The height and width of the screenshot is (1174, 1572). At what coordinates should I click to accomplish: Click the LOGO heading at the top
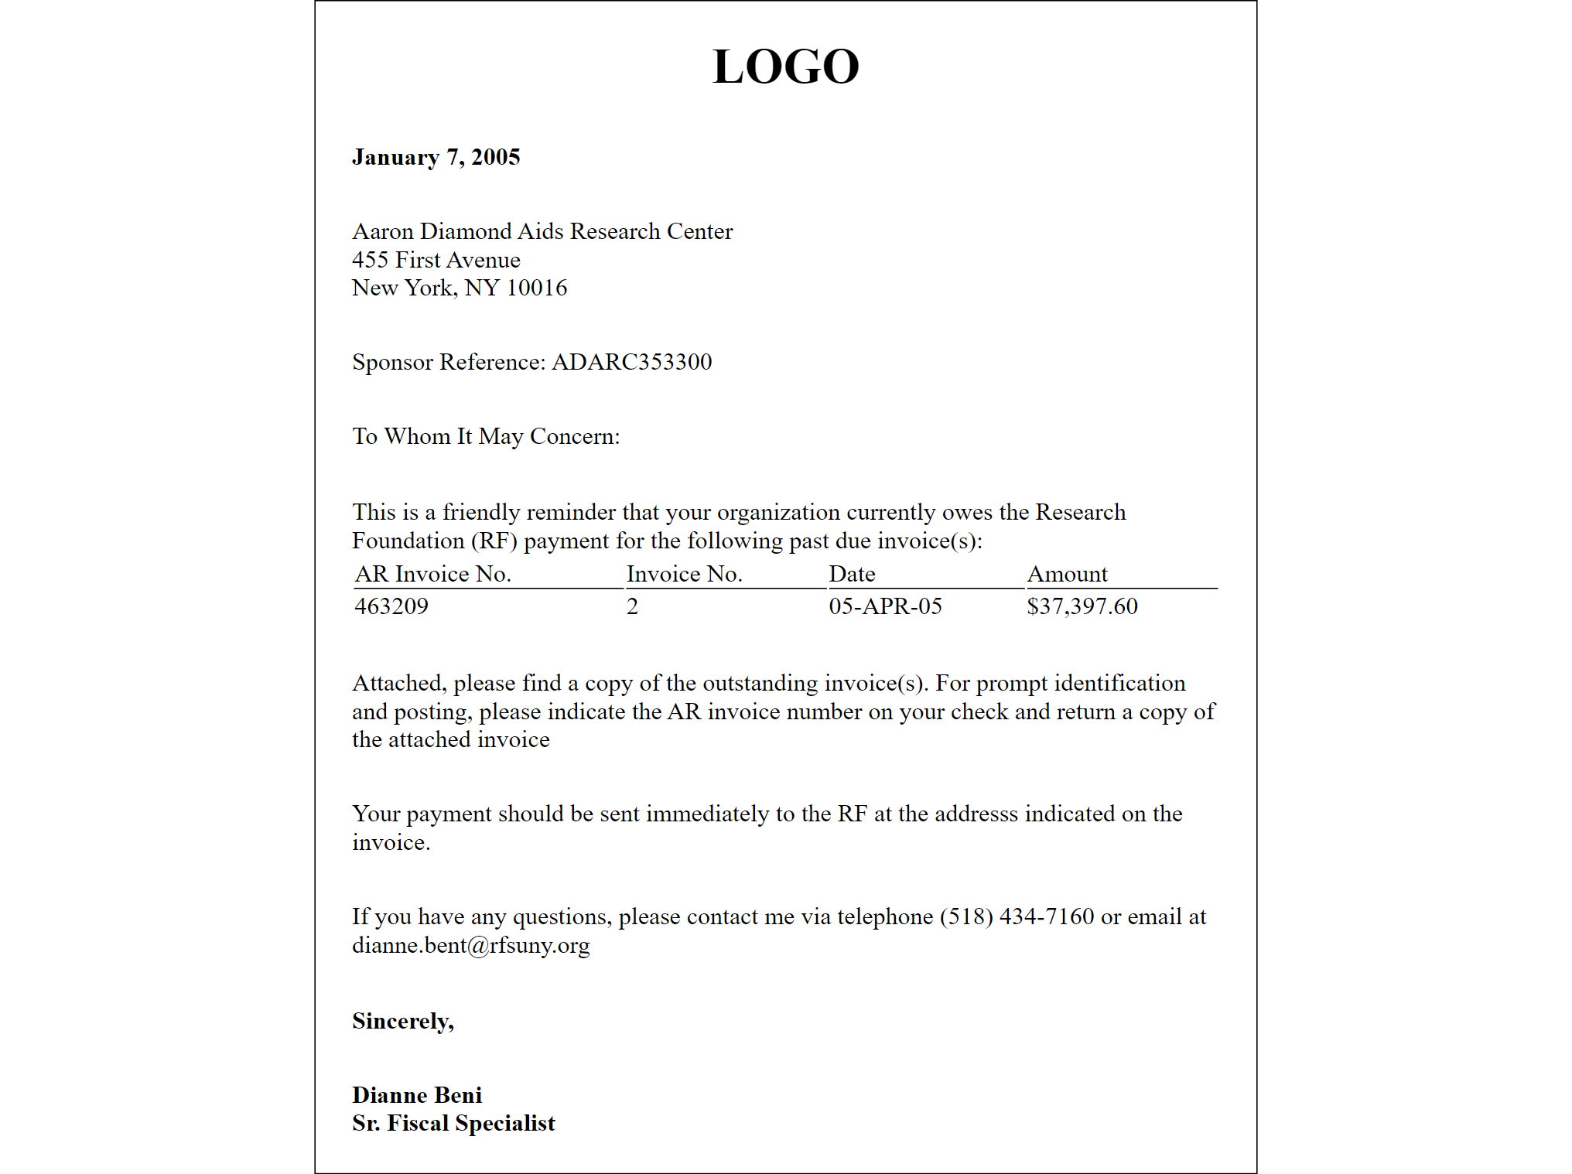point(785,67)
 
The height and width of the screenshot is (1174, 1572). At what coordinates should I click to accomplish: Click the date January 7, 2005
point(436,157)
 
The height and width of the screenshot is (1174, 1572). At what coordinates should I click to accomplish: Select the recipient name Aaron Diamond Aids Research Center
point(542,231)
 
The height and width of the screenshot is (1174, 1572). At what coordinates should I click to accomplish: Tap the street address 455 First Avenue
point(436,260)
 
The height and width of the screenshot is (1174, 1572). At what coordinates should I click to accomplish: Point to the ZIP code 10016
point(537,288)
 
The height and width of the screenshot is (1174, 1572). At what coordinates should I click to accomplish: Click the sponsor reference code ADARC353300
point(631,362)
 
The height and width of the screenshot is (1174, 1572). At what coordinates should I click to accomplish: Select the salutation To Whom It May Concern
point(486,436)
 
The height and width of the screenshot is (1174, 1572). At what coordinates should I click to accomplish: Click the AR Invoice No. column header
point(432,574)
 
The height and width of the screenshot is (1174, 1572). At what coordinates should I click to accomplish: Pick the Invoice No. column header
point(684,574)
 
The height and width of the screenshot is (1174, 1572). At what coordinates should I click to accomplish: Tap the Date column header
point(852,574)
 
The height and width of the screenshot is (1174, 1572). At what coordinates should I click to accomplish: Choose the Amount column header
point(1067,574)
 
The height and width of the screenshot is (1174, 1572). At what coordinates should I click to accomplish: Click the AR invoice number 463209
point(391,606)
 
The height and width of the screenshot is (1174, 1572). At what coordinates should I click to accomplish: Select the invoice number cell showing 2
point(632,606)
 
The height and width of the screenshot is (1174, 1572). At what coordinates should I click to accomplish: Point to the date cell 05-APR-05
point(885,606)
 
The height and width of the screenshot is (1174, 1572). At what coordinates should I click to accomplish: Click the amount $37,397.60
point(1082,606)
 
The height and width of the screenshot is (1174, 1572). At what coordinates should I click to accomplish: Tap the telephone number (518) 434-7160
point(1017,916)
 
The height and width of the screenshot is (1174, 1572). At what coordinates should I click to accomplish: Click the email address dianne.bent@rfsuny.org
point(470,945)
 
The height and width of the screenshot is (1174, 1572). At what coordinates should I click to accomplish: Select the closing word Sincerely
point(402,1021)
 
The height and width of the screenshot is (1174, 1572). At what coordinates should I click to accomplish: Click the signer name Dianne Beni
point(416,1095)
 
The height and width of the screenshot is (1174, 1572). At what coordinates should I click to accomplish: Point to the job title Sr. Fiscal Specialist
point(453,1123)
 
